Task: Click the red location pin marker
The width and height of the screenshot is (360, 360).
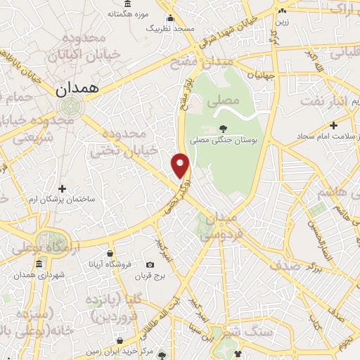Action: click(x=181, y=165)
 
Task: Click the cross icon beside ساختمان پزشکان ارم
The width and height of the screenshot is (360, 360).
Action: click(x=63, y=188)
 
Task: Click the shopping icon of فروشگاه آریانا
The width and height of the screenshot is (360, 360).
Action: click(x=110, y=253)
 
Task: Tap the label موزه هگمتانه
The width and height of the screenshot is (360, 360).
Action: click(x=127, y=13)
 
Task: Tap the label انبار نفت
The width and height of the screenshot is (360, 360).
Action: click(x=324, y=101)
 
